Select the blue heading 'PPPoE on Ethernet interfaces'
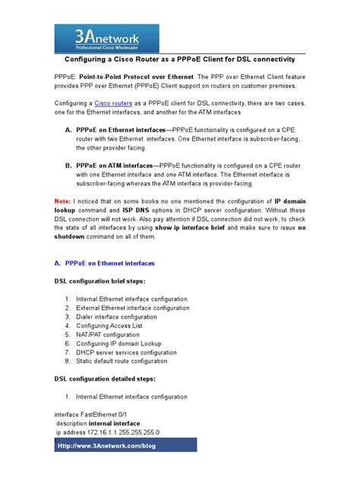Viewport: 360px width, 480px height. [x=109, y=263]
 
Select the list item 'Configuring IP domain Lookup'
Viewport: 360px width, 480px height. [x=123, y=343]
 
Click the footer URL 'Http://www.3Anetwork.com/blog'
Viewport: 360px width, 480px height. [x=106, y=446]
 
